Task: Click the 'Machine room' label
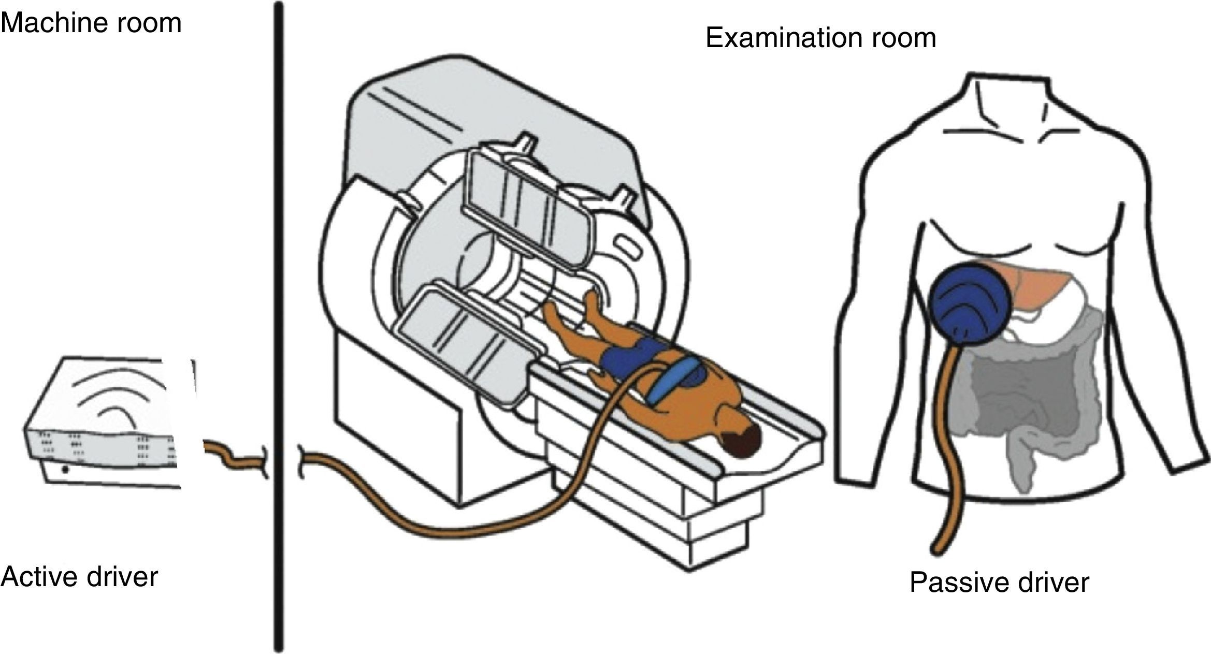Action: click(x=91, y=24)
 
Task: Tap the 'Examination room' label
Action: click(x=820, y=38)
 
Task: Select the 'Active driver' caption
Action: click(x=79, y=576)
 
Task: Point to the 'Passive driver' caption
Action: click(x=999, y=582)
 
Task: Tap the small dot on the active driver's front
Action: click(x=65, y=470)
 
